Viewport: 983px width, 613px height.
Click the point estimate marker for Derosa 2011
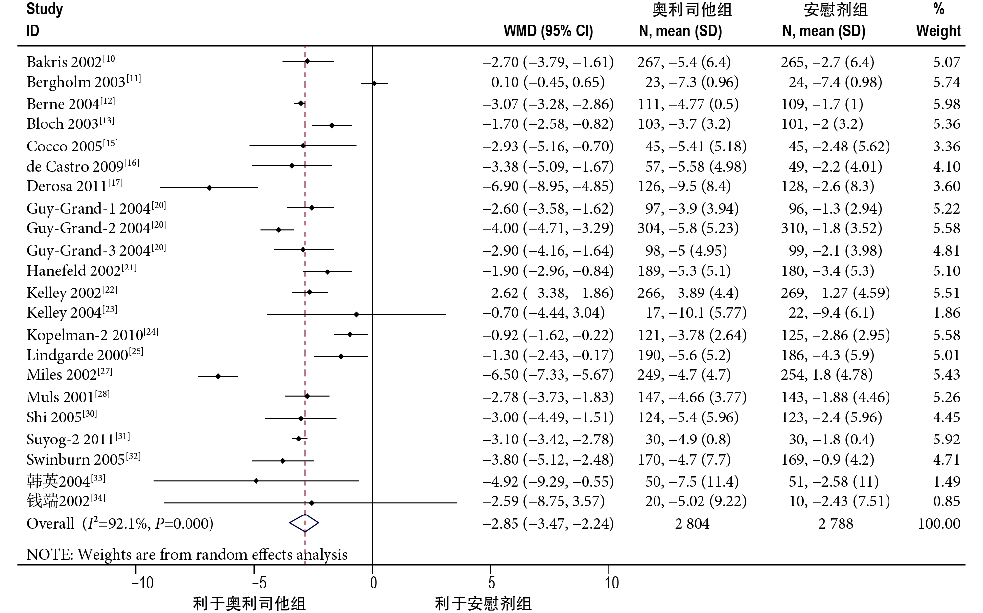(x=210, y=188)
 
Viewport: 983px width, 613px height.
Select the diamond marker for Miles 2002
(x=218, y=376)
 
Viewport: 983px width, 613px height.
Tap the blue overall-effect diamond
(x=304, y=523)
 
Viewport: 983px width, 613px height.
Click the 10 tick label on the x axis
(x=611, y=583)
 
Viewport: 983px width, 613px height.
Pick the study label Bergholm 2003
(x=76, y=82)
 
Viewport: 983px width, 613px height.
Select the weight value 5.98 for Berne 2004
(x=946, y=104)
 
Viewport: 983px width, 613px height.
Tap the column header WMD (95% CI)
(x=548, y=31)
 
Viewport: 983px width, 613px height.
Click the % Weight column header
(x=938, y=21)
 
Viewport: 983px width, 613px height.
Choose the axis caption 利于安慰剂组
(x=483, y=604)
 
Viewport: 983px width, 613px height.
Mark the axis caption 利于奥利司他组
(x=249, y=604)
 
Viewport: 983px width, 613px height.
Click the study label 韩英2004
(x=58, y=482)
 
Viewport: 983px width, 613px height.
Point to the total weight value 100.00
(x=938, y=524)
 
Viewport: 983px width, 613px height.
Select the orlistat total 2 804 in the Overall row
(x=692, y=524)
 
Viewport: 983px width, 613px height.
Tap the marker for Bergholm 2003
(x=374, y=83)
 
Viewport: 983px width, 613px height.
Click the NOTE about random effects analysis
(x=187, y=555)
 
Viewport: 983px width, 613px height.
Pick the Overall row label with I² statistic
(x=120, y=524)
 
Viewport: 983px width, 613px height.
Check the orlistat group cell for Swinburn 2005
(x=684, y=460)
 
